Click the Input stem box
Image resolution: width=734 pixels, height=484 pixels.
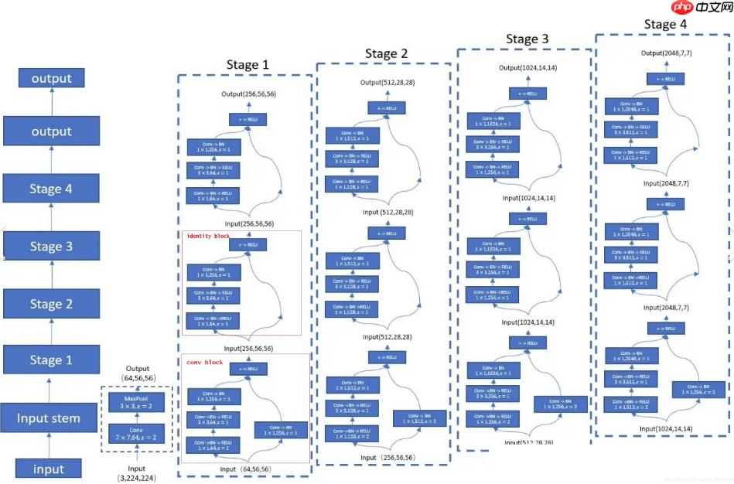point(51,419)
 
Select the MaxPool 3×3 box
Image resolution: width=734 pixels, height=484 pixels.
point(136,403)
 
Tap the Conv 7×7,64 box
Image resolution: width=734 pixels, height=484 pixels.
point(136,433)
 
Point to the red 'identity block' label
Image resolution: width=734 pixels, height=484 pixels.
point(208,235)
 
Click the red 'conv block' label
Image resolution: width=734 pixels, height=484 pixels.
point(204,362)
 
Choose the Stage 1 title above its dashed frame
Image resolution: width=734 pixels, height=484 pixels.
point(248,65)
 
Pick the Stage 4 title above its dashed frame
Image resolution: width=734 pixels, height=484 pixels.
point(665,25)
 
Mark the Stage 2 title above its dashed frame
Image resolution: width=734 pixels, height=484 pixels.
point(386,54)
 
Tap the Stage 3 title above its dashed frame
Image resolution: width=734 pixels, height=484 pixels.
point(527,39)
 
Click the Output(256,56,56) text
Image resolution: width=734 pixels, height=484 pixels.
point(248,94)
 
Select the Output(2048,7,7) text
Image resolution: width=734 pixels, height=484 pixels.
point(665,53)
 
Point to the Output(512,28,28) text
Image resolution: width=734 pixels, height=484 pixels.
point(386,83)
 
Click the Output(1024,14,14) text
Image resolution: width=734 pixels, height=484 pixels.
point(527,68)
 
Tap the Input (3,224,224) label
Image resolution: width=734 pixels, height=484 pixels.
point(136,473)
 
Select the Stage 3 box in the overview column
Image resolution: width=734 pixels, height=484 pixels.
point(51,247)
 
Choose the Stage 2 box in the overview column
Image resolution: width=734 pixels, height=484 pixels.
point(51,304)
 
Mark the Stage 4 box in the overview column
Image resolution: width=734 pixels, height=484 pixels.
point(51,189)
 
